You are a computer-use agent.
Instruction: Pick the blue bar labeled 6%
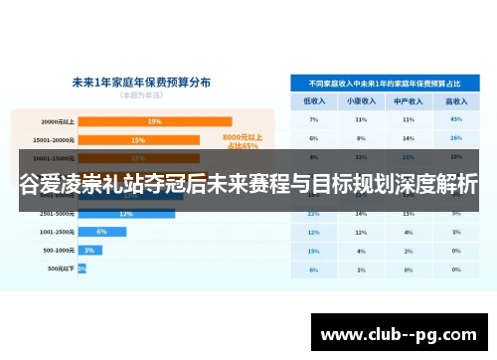pos(101,231)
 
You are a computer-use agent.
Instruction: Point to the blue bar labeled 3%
pos(89,250)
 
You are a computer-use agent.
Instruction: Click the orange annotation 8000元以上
pos(243,137)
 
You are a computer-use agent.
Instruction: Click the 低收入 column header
pos(313,100)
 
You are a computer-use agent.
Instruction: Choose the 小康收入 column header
pos(361,100)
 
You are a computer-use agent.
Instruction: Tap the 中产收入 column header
pos(409,100)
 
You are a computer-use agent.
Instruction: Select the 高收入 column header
pos(456,100)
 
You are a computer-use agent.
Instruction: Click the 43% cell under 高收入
pos(456,119)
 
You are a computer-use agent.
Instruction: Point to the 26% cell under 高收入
pos(456,138)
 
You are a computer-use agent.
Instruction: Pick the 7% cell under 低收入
pos(313,119)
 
